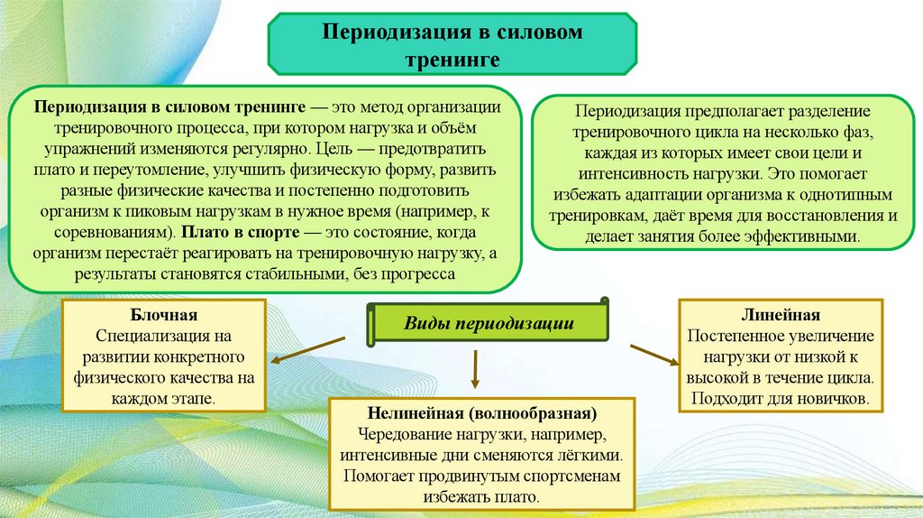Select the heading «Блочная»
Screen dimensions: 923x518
click(163, 315)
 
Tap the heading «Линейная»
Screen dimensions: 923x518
click(781, 315)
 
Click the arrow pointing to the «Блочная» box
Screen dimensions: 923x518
click(306, 352)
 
